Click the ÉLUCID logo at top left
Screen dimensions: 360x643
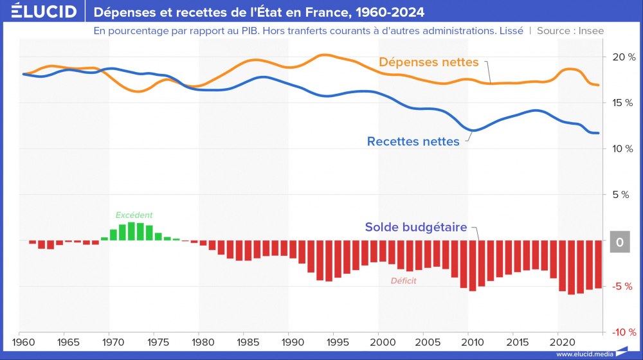pyautogui.click(x=39, y=12)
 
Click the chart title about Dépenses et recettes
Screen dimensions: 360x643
pyautogui.click(x=258, y=12)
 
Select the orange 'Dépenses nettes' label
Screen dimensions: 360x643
pyautogui.click(x=429, y=62)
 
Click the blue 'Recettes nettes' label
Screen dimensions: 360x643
pyautogui.click(x=413, y=141)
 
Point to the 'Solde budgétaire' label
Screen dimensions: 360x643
pyautogui.click(x=416, y=227)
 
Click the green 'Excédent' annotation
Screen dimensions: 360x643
pyautogui.click(x=134, y=215)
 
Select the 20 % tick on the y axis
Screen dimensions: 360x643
pyautogui.click(x=622, y=57)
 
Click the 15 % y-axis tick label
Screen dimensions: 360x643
pyautogui.click(x=622, y=103)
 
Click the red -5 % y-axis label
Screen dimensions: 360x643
pyautogui.click(x=622, y=287)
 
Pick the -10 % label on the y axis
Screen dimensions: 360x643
pyautogui.click(x=621, y=332)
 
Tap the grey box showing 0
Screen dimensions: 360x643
pyautogui.click(x=620, y=242)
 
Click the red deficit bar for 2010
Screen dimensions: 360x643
pyautogui.click(x=473, y=265)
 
